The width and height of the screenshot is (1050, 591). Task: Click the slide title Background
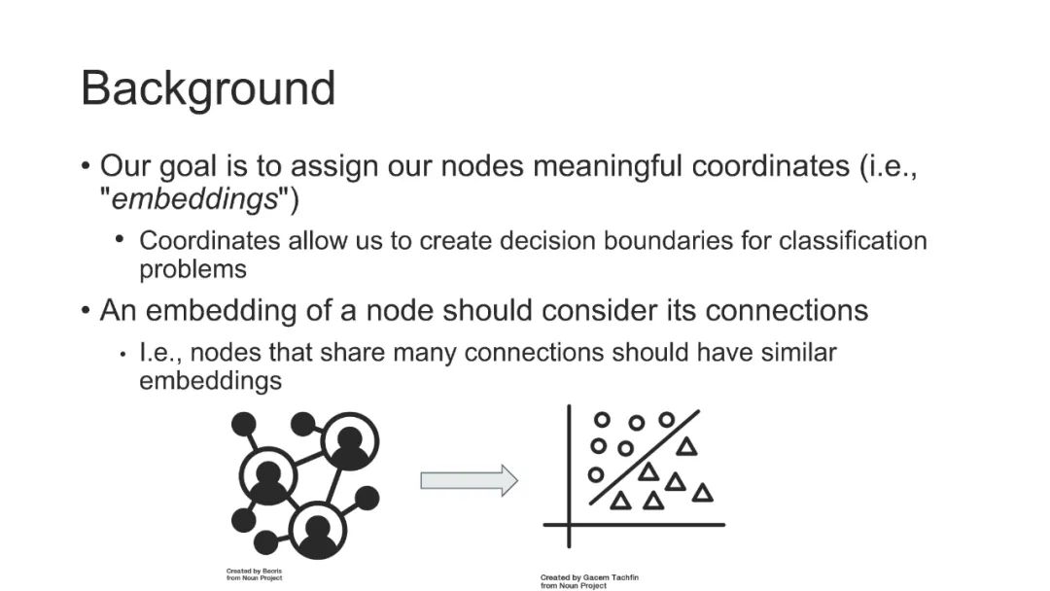pyautogui.click(x=208, y=88)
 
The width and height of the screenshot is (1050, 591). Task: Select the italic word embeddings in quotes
pyautogui.click(x=195, y=199)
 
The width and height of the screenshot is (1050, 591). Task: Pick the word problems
pyautogui.click(x=192, y=268)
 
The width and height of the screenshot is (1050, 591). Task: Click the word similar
pyautogui.click(x=792, y=352)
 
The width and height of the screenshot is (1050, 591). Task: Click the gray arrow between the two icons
pyautogui.click(x=469, y=479)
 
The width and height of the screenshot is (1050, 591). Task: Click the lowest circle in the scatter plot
pyautogui.click(x=596, y=474)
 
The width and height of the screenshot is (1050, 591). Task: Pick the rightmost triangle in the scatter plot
pyautogui.click(x=702, y=493)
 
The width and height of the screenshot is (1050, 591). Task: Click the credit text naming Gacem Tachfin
pyautogui.click(x=589, y=578)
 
